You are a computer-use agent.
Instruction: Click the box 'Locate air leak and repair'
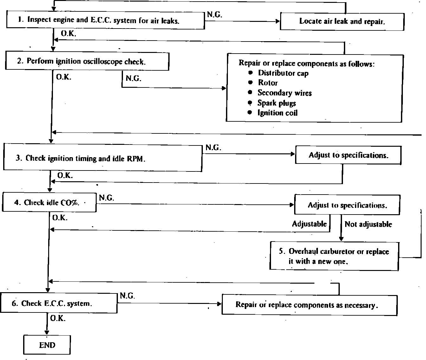(342, 22)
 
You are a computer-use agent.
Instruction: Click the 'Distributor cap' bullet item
(283, 73)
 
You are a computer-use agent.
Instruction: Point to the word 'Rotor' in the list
(268, 83)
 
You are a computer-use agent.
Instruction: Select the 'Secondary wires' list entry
(284, 93)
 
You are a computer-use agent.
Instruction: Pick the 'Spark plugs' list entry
(276, 103)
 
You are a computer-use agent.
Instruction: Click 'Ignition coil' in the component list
(277, 113)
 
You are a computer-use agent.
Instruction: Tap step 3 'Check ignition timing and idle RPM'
(102, 158)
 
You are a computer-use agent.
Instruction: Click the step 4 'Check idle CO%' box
(49, 202)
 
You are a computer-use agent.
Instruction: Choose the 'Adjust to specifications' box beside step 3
(348, 155)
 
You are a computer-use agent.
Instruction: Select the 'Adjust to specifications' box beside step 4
(347, 205)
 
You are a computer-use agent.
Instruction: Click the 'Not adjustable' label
(368, 224)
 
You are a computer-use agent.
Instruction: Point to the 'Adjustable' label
(309, 224)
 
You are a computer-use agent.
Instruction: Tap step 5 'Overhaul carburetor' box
(334, 256)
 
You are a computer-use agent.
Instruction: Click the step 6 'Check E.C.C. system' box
(59, 303)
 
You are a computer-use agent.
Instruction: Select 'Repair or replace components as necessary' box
(309, 305)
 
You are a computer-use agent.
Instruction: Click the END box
(47, 345)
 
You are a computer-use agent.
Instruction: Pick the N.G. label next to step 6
(127, 296)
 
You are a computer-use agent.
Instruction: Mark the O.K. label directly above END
(58, 318)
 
